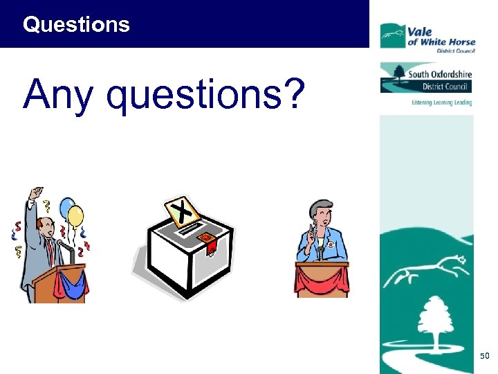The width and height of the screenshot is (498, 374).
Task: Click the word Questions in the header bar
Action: [76, 25]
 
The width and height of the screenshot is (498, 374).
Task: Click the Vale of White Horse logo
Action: [425, 36]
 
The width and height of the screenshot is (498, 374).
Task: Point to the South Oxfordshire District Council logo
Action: [426, 78]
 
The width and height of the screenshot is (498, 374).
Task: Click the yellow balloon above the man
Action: [76, 216]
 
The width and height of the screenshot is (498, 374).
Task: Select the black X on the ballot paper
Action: [182, 211]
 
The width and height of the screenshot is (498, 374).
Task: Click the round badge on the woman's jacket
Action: [331, 244]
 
